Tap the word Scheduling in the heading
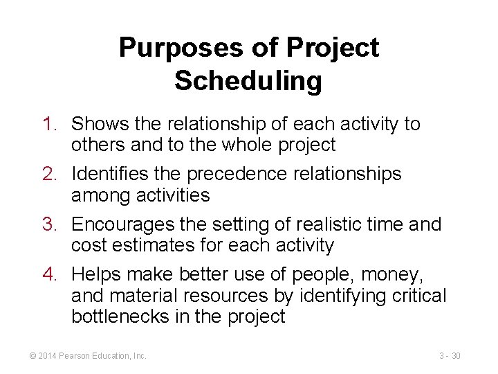[248, 81]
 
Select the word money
[392, 274]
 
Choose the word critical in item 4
[421, 296]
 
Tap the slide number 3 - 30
[450, 356]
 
